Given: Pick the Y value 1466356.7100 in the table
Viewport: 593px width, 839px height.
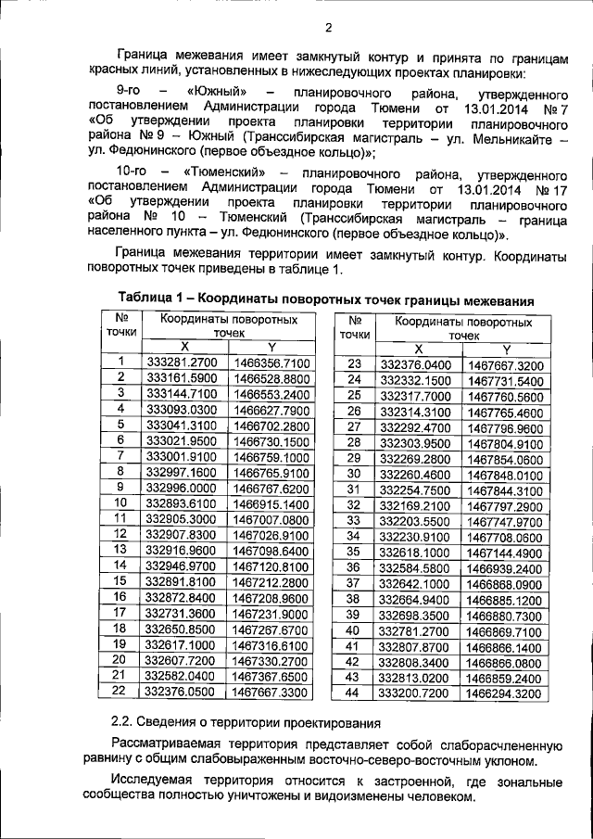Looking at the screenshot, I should pyautogui.click(x=271, y=364).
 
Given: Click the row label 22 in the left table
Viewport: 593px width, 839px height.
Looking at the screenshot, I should pyautogui.click(x=120, y=691).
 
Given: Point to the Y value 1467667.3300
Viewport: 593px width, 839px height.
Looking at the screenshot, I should pyautogui.click(x=271, y=691).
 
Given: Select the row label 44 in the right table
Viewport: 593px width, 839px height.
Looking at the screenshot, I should pyautogui.click(x=351, y=692).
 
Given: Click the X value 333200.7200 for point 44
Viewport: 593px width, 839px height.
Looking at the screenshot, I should pyautogui.click(x=415, y=692).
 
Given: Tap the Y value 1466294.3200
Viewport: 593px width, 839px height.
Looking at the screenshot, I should pyautogui.click(x=505, y=692).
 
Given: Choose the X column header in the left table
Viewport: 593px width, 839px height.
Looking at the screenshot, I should pyautogui.click(x=183, y=347).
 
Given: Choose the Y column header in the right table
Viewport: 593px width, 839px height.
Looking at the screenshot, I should pyautogui.click(x=506, y=349).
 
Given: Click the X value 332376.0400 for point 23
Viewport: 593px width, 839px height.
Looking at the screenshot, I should pyautogui.click(x=415, y=365).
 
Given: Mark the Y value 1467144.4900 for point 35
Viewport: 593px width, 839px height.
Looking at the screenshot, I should pyautogui.click(x=505, y=552).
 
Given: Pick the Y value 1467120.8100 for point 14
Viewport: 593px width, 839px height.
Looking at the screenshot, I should pyautogui.click(x=271, y=566).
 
